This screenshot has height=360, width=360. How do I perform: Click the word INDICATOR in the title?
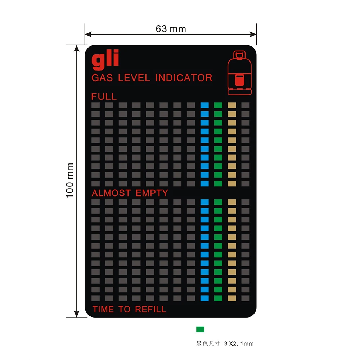184,78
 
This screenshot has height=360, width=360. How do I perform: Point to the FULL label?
104,96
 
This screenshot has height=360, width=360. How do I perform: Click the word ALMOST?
111,193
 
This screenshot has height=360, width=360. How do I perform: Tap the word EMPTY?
152,193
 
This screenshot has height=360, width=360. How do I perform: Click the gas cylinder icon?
239,73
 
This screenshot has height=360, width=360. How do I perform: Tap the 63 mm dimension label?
171,29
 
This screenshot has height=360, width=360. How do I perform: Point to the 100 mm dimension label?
70,180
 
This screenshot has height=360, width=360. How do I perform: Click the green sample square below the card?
200,329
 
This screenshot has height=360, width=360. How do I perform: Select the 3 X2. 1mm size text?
239,344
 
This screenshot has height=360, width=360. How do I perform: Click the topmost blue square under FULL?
204,105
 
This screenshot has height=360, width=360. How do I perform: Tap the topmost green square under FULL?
218,105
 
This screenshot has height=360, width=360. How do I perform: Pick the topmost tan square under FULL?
232,105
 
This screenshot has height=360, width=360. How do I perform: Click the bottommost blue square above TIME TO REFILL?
204,298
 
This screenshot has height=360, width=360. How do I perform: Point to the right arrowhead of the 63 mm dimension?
253,34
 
